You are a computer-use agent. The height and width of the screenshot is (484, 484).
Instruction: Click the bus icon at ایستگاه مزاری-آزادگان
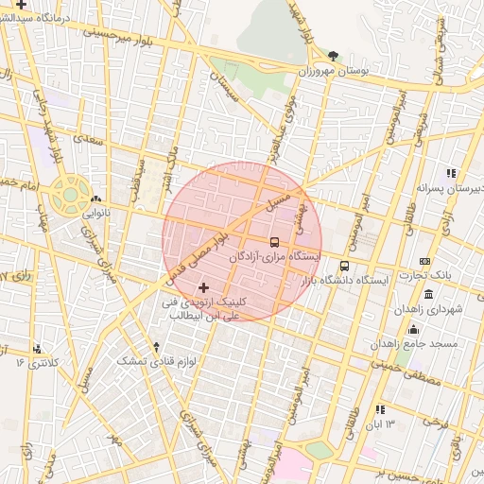click(274, 242)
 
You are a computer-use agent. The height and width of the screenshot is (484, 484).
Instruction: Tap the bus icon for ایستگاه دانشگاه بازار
click(344, 267)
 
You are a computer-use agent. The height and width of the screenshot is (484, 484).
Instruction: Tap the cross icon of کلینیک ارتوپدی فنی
click(204, 286)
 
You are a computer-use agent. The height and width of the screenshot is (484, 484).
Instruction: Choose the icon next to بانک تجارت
click(424, 261)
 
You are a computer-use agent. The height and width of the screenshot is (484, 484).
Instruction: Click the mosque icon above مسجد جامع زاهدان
click(413, 329)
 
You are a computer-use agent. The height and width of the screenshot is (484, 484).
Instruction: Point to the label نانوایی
click(95, 214)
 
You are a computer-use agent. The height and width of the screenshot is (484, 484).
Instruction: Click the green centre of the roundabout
click(69, 195)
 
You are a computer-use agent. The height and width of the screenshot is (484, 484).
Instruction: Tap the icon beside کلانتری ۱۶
click(37, 349)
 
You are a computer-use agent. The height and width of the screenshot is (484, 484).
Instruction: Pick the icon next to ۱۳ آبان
click(380, 409)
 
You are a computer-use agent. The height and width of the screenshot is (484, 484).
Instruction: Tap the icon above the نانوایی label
click(95, 199)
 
